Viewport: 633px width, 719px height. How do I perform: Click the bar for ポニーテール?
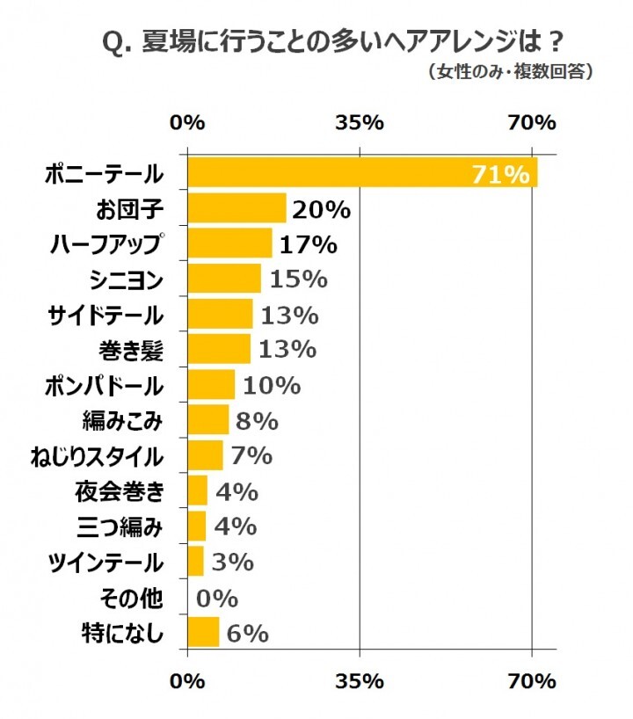click(x=361, y=173)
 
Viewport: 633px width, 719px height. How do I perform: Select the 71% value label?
click(x=501, y=174)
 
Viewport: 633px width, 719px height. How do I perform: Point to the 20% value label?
click(x=322, y=209)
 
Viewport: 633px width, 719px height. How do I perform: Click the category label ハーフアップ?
click(x=106, y=244)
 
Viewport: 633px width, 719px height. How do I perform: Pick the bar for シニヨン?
click(x=224, y=279)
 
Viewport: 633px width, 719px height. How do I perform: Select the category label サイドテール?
click(x=105, y=315)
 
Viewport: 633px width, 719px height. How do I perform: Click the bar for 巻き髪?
click(x=219, y=349)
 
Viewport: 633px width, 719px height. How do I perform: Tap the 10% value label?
click(x=272, y=385)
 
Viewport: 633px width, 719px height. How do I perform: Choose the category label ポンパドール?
click(x=105, y=385)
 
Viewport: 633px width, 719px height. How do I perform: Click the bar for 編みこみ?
click(x=208, y=420)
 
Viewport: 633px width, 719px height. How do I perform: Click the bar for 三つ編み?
click(x=197, y=526)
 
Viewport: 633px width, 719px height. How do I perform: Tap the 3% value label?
click(x=232, y=561)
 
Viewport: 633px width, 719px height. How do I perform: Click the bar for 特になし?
click(x=203, y=632)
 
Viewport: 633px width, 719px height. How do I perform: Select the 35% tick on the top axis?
click(x=360, y=122)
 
